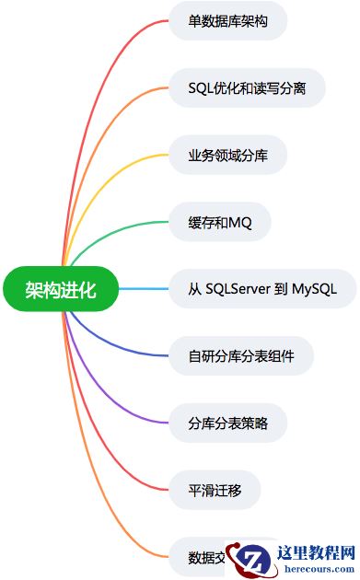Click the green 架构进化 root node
click(62, 290)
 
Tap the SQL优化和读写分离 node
click(247, 87)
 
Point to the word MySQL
click(311, 290)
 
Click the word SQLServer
click(237, 290)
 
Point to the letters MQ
click(240, 222)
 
